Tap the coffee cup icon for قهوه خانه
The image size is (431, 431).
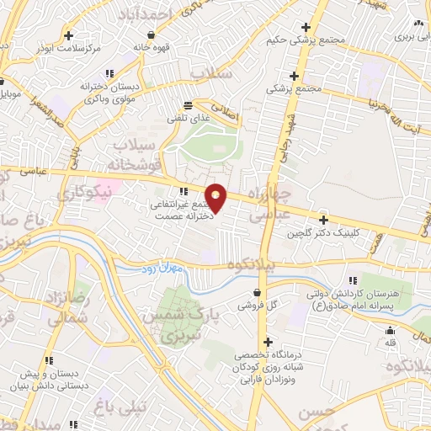[x=151, y=35]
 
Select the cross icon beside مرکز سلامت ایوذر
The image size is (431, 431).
[x=69, y=36]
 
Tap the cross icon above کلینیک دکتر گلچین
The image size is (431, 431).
[x=324, y=219]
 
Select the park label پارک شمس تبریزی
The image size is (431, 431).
[x=176, y=328]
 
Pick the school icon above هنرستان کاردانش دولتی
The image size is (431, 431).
[x=352, y=280]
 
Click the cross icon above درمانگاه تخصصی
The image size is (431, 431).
[x=268, y=343]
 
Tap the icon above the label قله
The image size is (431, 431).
[x=390, y=331]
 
